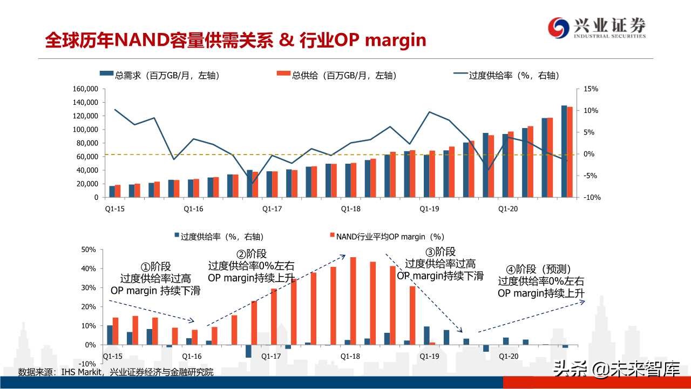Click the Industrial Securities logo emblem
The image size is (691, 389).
559,27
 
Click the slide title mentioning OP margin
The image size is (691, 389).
235,40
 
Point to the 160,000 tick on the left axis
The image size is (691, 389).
84,89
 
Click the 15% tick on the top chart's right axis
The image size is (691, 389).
591,89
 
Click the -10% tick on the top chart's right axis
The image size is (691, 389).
592,198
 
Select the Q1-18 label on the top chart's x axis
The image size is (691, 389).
350,209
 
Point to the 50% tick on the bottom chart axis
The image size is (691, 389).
88,250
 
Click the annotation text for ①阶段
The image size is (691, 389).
155,278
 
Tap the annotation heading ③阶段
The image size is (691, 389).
440,252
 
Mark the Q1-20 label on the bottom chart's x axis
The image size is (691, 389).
508,357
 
